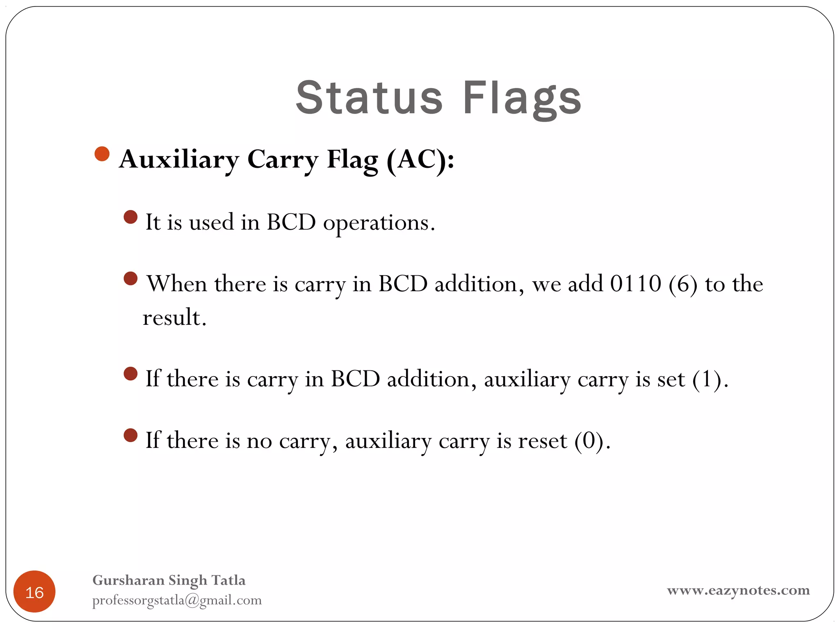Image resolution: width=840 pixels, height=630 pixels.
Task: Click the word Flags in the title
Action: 522,98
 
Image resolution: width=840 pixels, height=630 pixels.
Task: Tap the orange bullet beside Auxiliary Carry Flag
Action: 102,154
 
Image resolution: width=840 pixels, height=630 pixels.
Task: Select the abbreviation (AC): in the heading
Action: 420,159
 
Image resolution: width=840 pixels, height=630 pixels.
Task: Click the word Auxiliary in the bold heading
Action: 179,159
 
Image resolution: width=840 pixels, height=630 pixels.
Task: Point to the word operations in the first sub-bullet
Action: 379,223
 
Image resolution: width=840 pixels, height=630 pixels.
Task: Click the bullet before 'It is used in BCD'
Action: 130,217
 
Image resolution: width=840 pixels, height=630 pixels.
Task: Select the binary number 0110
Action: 635,283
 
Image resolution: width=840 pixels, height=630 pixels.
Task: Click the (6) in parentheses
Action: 683,284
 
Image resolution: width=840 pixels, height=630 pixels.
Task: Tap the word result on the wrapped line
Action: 174,317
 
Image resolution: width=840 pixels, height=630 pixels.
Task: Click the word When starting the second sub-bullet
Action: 177,283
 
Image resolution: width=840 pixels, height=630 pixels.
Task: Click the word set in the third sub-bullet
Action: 671,379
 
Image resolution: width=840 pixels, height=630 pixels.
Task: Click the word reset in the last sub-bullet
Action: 542,441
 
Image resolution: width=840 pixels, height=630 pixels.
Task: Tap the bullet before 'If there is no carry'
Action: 130,435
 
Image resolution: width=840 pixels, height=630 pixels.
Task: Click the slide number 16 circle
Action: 34,591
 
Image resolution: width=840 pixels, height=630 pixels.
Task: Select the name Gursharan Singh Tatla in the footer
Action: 169,580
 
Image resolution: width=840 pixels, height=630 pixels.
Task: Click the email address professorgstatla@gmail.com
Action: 177,600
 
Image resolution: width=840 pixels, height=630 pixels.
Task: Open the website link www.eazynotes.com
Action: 738,591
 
